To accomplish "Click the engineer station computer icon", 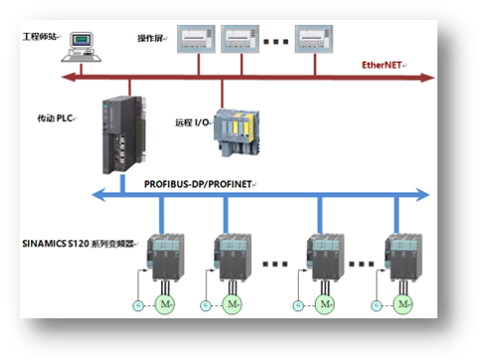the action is (82, 47).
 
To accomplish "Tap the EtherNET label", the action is (381, 65).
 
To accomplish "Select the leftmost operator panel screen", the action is (196, 39).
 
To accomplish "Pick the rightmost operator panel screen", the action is (314, 39).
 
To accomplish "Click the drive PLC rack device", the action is (123, 135).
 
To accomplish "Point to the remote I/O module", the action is (236, 133).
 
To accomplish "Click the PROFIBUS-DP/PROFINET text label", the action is (198, 184).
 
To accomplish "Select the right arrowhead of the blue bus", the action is (423, 194).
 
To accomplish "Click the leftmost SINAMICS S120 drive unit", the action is (165, 258).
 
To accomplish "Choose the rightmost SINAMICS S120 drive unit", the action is (403, 258).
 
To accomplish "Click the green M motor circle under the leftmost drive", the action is (165, 304).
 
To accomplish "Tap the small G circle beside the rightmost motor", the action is (376, 305).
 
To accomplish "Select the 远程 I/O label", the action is (192, 123).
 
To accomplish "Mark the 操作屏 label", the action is (150, 39).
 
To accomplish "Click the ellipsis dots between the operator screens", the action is (276, 42).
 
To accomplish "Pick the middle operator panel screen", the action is (240, 39).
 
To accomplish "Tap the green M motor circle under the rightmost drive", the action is (403, 304).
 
